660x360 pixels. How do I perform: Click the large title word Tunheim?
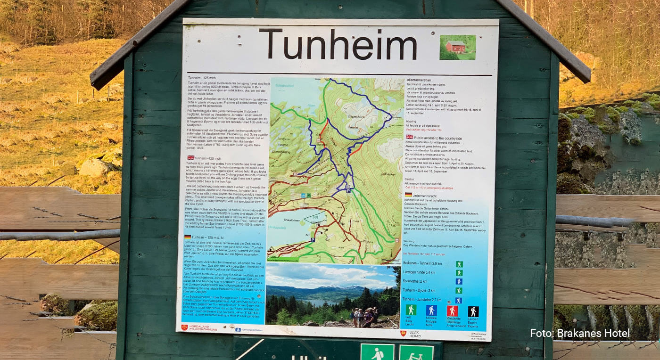(x=338, y=45)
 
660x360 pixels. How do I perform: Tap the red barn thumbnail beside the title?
(x=457, y=47)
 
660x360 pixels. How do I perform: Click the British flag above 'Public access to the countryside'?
(x=409, y=137)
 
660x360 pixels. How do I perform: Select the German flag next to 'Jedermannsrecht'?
(x=408, y=194)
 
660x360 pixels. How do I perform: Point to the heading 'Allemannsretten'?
(x=420, y=81)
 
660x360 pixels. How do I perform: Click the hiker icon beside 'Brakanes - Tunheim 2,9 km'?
(x=459, y=264)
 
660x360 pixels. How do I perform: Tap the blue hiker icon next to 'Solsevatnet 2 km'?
(x=459, y=281)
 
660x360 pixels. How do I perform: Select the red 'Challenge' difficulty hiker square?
(x=452, y=311)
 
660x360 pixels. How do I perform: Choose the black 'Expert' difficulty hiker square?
(x=473, y=311)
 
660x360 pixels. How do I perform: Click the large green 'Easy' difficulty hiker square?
(x=411, y=310)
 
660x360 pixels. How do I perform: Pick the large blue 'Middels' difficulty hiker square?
(x=431, y=311)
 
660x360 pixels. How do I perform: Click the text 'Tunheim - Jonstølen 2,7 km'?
(x=422, y=300)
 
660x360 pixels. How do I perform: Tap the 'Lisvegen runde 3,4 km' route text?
(x=419, y=273)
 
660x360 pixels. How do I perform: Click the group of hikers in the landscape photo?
(x=364, y=317)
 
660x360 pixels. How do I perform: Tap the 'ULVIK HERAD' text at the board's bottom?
(x=415, y=333)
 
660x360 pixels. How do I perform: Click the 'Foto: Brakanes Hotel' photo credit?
(x=579, y=333)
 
